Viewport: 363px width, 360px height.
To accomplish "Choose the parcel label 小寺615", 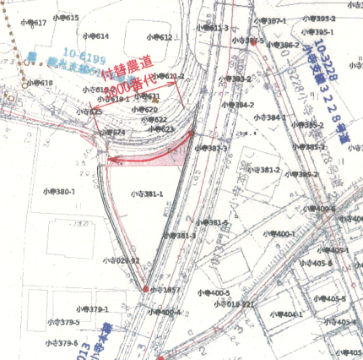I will click(x=67, y=18).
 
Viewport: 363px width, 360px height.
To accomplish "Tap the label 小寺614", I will click(x=96, y=36).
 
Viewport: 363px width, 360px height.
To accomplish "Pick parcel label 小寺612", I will click(x=159, y=38).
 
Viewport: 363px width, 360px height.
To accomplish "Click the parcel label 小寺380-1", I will click(x=57, y=191).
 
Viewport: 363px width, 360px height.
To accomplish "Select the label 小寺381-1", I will click(x=147, y=194).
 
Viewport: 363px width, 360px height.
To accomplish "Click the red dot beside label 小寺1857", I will click(x=145, y=289).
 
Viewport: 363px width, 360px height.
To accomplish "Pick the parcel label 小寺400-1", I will click(x=280, y=233).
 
